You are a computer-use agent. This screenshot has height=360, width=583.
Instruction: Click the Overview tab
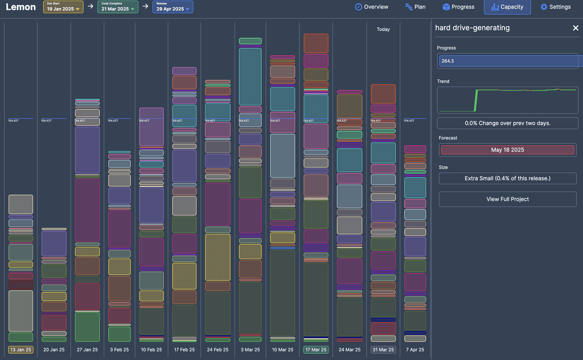click(x=371, y=7)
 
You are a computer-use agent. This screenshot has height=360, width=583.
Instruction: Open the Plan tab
click(x=415, y=7)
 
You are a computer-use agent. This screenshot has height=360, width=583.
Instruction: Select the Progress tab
click(x=458, y=7)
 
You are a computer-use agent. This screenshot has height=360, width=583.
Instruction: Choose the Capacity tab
click(x=507, y=7)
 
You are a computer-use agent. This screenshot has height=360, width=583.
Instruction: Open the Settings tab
click(x=555, y=7)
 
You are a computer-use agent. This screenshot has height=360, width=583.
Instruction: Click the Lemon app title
click(x=20, y=7)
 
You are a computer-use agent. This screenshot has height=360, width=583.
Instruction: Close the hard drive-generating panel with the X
click(x=575, y=28)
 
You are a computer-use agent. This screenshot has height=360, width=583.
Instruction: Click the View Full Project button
click(x=507, y=199)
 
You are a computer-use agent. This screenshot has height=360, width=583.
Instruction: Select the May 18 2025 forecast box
click(x=507, y=150)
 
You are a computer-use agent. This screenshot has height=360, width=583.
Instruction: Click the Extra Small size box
click(x=507, y=178)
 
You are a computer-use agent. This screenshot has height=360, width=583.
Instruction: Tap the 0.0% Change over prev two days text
click(x=507, y=123)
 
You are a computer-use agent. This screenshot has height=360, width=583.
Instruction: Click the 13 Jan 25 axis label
click(x=20, y=350)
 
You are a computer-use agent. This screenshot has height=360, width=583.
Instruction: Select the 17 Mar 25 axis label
click(x=315, y=350)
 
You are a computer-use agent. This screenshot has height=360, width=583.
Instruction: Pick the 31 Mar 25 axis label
click(x=383, y=350)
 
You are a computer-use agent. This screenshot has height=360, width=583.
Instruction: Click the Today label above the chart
click(x=383, y=29)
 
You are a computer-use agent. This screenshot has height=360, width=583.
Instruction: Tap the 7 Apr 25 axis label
click(x=415, y=350)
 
